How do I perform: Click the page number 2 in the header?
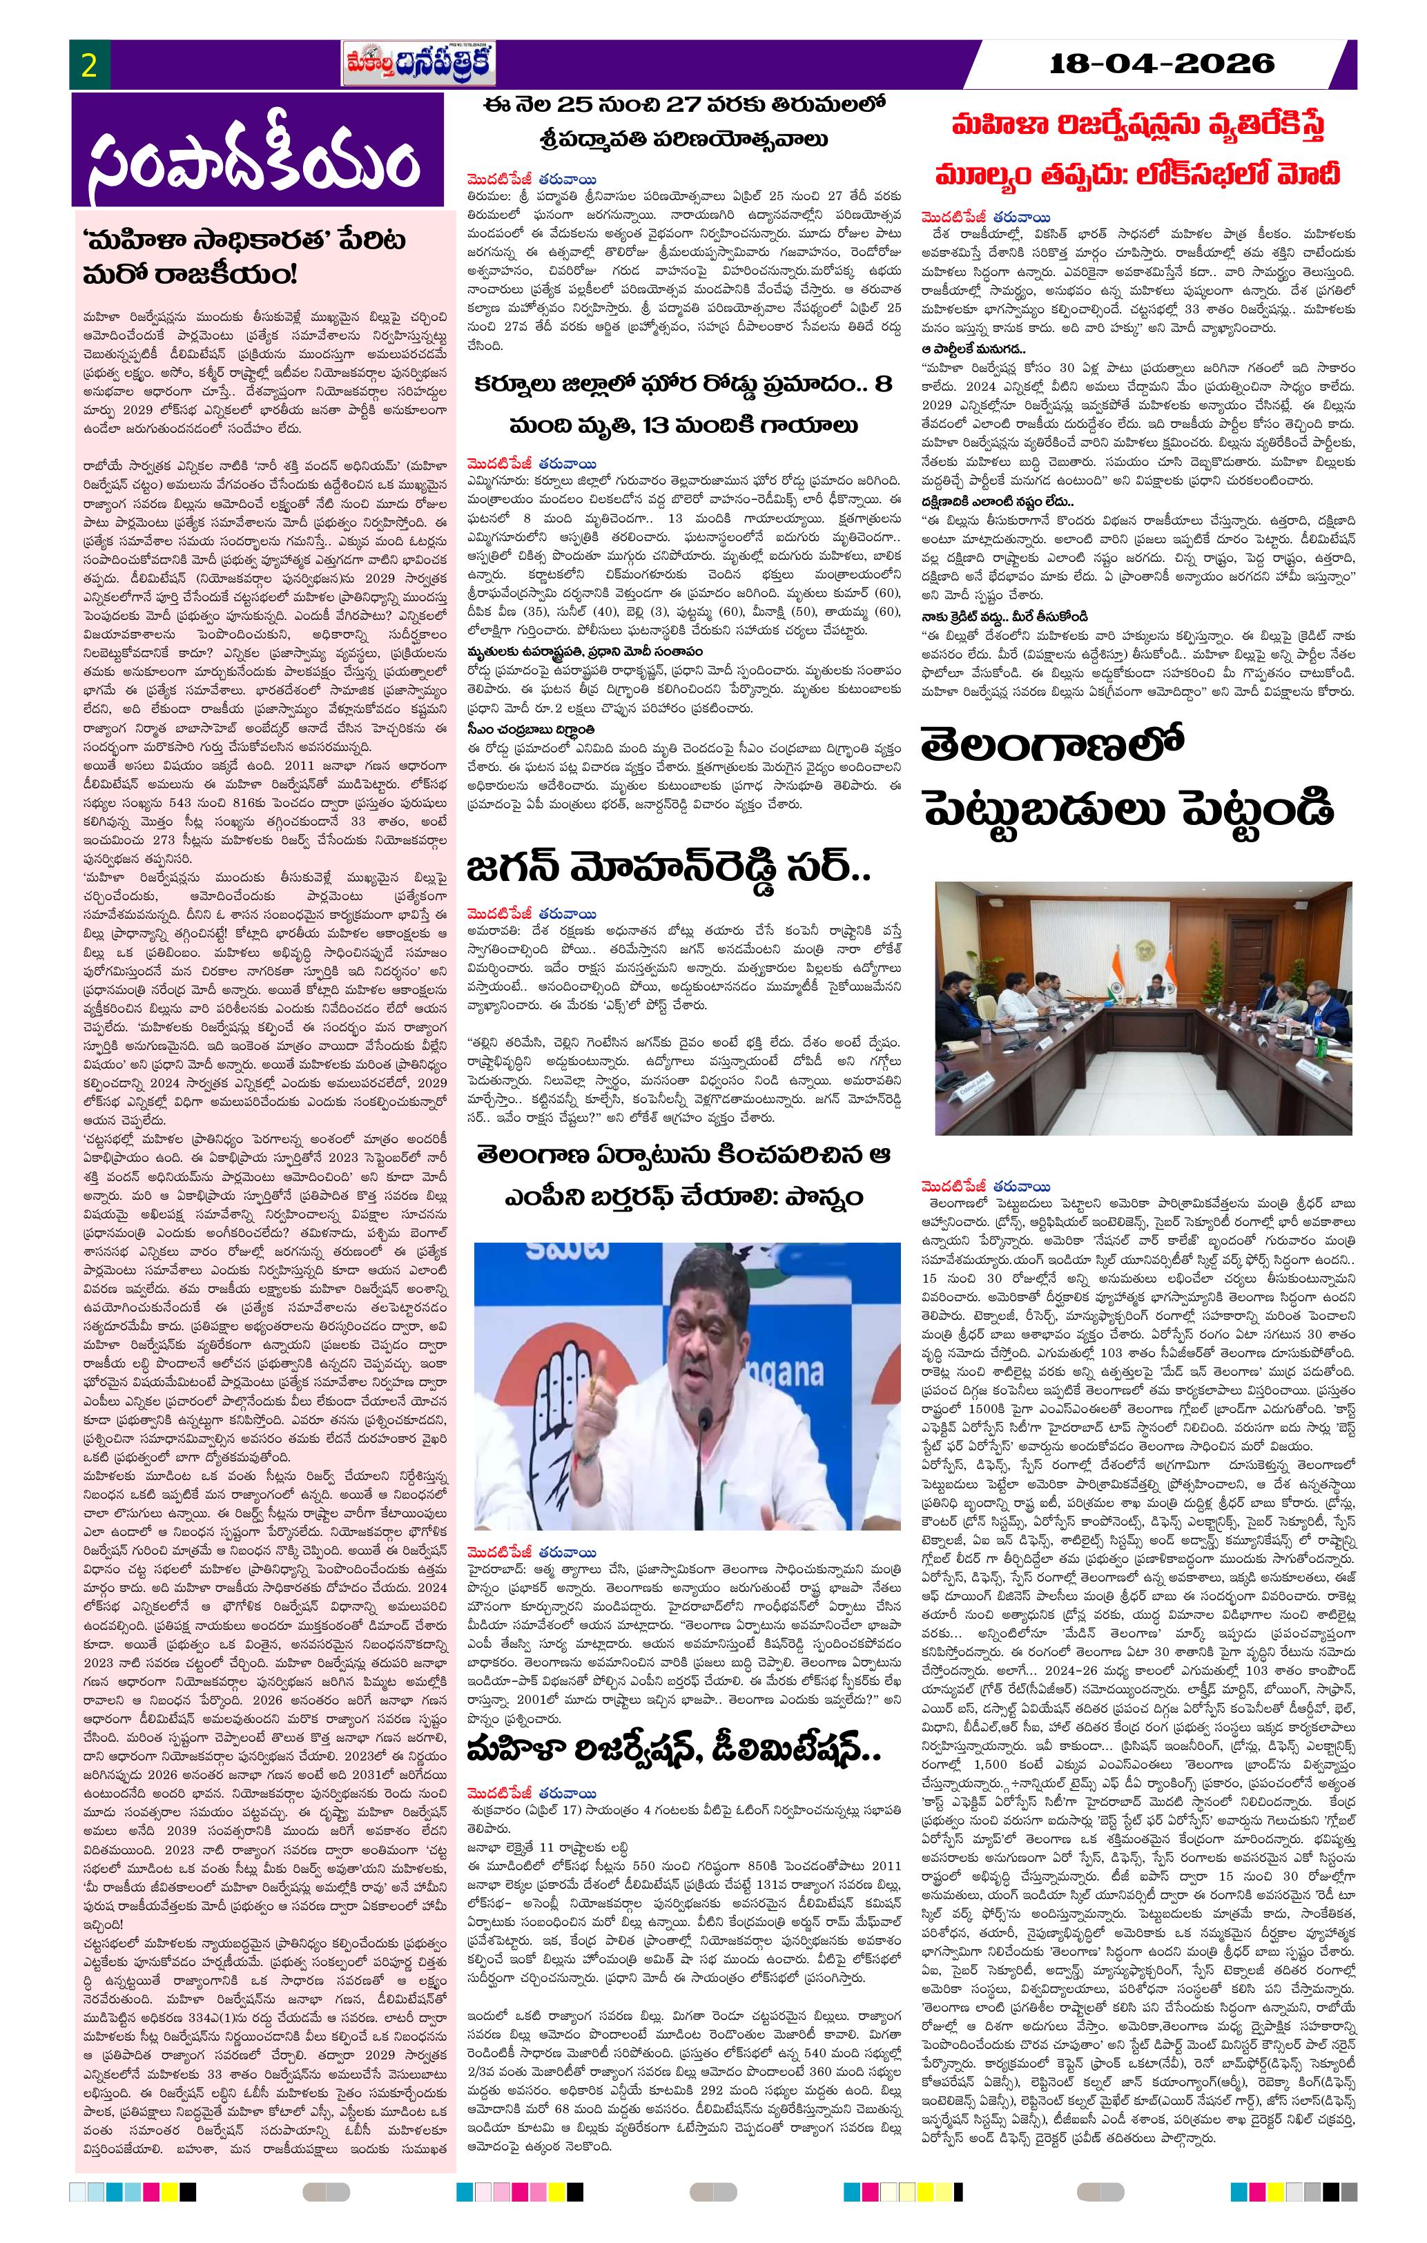click(90, 65)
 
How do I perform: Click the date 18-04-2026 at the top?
click(1161, 64)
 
